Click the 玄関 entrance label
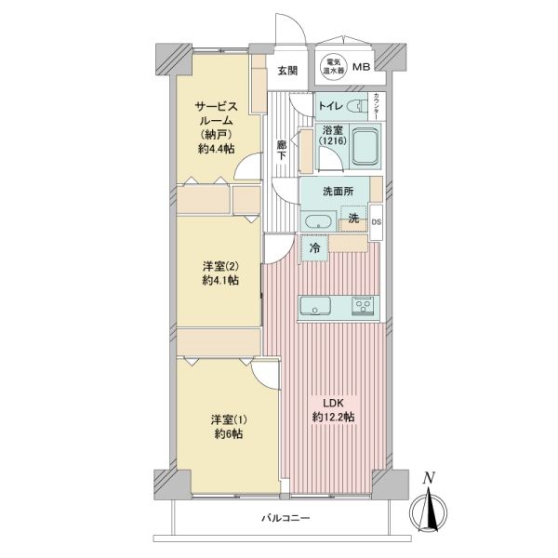coord(287,71)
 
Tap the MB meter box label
coord(361,67)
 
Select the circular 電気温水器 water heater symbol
coord(334,66)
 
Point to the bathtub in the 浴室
coord(365,147)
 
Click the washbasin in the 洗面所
coord(318,221)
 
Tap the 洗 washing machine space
coord(353,219)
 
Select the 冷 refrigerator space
coord(314,248)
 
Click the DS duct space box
coord(376,222)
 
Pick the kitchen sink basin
coord(315,306)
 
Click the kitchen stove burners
coord(363,306)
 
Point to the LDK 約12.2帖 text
coord(334,410)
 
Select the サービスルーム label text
coord(216,113)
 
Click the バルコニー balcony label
coord(286,517)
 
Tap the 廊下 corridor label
coord(282,151)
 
